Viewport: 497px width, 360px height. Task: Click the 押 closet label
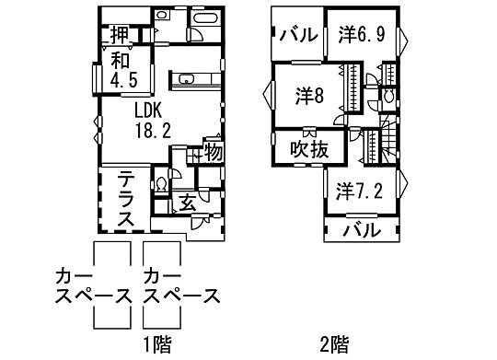coord(120,35)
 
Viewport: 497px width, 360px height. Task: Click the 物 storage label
coord(212,151)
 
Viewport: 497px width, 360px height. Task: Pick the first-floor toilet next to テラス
coord(161,184)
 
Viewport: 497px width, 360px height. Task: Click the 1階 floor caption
coord(157,345)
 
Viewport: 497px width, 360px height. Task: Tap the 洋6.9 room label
coord(361,35)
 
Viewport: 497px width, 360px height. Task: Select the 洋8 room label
coord(308,95)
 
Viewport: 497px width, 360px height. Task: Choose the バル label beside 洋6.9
coord(298,36)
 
